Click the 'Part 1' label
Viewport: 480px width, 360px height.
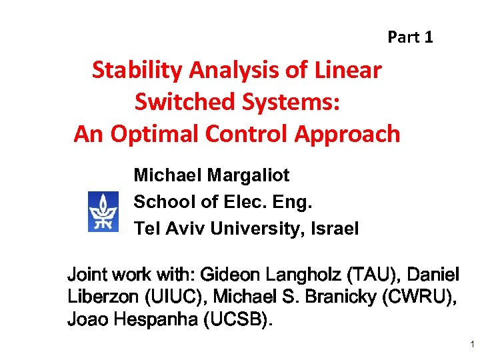410,37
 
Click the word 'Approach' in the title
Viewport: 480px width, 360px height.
344,134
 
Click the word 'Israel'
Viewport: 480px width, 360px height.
333,229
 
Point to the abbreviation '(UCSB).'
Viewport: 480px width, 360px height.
238,320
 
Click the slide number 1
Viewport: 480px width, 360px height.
471,345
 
